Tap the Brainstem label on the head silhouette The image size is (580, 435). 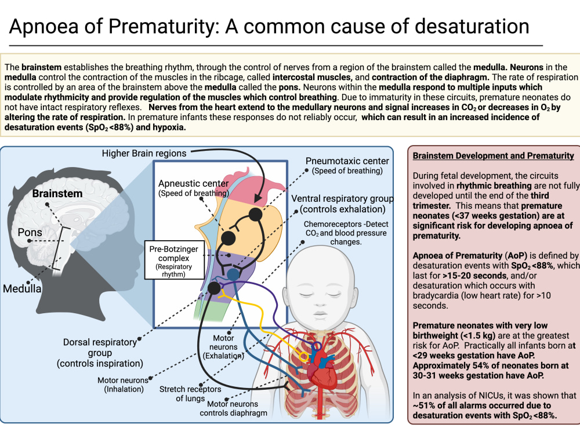pyautogui.click(x=57, y=194)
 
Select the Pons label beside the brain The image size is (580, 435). pyautogui.click(x=30, y=233)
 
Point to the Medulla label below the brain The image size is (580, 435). pyautogui.click(x=22, y=288)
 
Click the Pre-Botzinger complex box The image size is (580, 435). pyautogui.click(x=174, y=260)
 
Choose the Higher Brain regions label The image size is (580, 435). pyautogui.click(x=144, y=153)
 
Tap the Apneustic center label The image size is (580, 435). pyautogui.click(x=194, y=188)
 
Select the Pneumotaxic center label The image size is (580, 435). pyautogui.click(x=347, y=166)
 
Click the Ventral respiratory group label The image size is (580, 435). pyautogui.click(x=342, y=204)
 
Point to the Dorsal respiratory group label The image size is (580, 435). pyautogui.click(x=100, y=353)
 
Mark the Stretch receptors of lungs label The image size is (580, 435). pyautogui.click(x=190, y=394)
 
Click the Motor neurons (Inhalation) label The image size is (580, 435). pyautogui.click(x=123, y=385)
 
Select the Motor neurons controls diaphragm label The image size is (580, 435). pyautogui.click(x=233, y=408)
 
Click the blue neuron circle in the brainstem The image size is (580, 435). pyautogui.click(x=233, y=274)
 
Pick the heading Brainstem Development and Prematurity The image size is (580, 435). pyautogui.click(x=494, y=155)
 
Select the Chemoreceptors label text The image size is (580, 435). pyautogui.click(x=346, y=233)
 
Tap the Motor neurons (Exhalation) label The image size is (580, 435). pyautogui.click(x=223, y=347)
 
